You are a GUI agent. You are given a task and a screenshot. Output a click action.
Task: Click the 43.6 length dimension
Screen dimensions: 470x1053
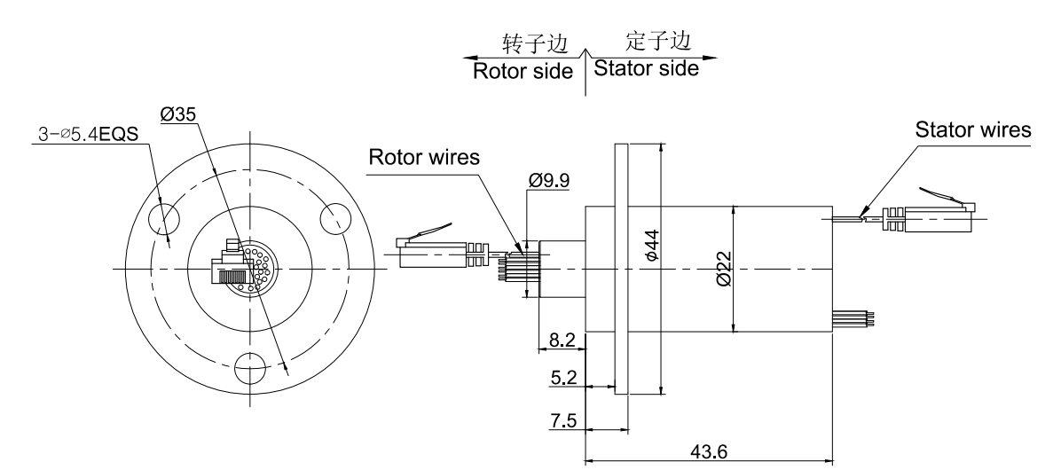pyautogui.click(x=708, y=451)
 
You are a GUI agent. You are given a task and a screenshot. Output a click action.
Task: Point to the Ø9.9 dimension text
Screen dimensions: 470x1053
pyautogui.click(x=548, y=180)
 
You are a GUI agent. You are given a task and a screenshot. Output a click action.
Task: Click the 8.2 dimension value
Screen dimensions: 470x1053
pyautogui.click(x=563, y=339)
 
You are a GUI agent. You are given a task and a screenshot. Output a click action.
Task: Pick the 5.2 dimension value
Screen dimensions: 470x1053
pyautogui.click(x=563, y=379)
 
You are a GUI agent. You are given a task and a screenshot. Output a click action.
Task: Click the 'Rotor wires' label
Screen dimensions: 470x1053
pyautogui.click(x=424, y=158)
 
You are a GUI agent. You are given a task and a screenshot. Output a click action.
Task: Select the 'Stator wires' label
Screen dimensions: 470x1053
pyautogui.click(x=973, y=130)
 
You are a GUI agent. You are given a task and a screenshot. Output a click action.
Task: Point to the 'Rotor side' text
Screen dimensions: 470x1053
pyautogui.click(x=523, y=71)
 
